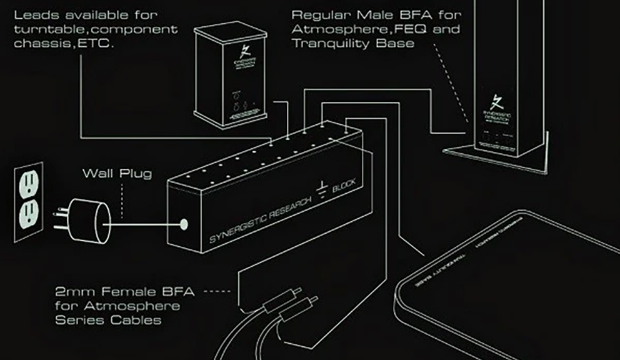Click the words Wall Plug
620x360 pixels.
point(117,173)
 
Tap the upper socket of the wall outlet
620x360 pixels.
point(29,184)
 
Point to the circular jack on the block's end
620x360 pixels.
point(184,223)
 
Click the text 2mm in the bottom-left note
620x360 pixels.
point(69,291)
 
